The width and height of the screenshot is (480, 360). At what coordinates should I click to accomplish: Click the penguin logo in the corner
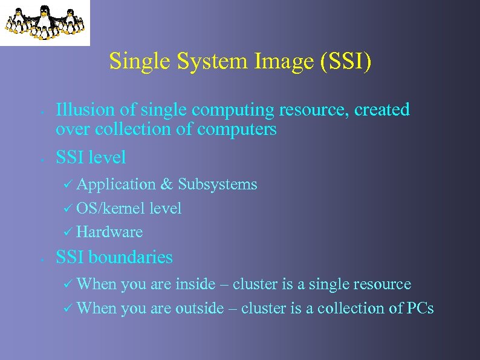(45, 22)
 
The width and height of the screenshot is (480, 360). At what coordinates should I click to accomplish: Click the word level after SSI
(107, 157)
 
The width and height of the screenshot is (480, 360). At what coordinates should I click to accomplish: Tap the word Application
(116, 185)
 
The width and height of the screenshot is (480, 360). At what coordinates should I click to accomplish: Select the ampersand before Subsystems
(167, 184)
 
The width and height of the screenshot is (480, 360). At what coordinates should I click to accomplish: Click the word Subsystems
(217, 184)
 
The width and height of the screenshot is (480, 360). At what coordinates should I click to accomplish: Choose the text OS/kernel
(111, 209)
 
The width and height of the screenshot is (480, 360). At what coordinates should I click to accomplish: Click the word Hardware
(109, 232)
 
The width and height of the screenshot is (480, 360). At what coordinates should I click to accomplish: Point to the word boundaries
(131, 257)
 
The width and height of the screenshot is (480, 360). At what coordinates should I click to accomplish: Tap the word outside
(199, 308)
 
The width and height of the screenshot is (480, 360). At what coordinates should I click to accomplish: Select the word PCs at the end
(420, 308)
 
